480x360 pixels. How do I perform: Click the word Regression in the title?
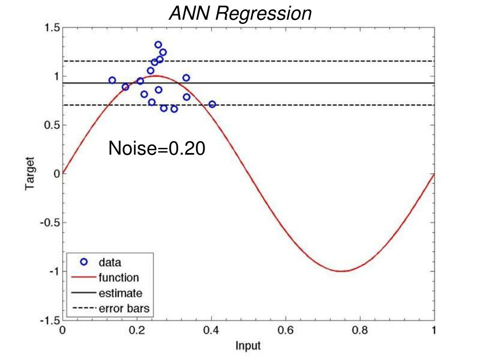click(264, 14)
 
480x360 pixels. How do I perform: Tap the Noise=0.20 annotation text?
click(157, 149)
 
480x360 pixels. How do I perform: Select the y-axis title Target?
click(30, 174)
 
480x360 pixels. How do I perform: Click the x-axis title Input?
click(248, 346)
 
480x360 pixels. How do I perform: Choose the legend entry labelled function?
click(118, 278)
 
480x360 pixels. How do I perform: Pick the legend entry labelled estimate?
click(120, 293)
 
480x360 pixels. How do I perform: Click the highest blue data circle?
click(158, 45)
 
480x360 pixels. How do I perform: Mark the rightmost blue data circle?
click(212, 104)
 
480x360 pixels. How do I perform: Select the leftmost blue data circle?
click(112, 80)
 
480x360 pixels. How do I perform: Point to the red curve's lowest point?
click(343, 271)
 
